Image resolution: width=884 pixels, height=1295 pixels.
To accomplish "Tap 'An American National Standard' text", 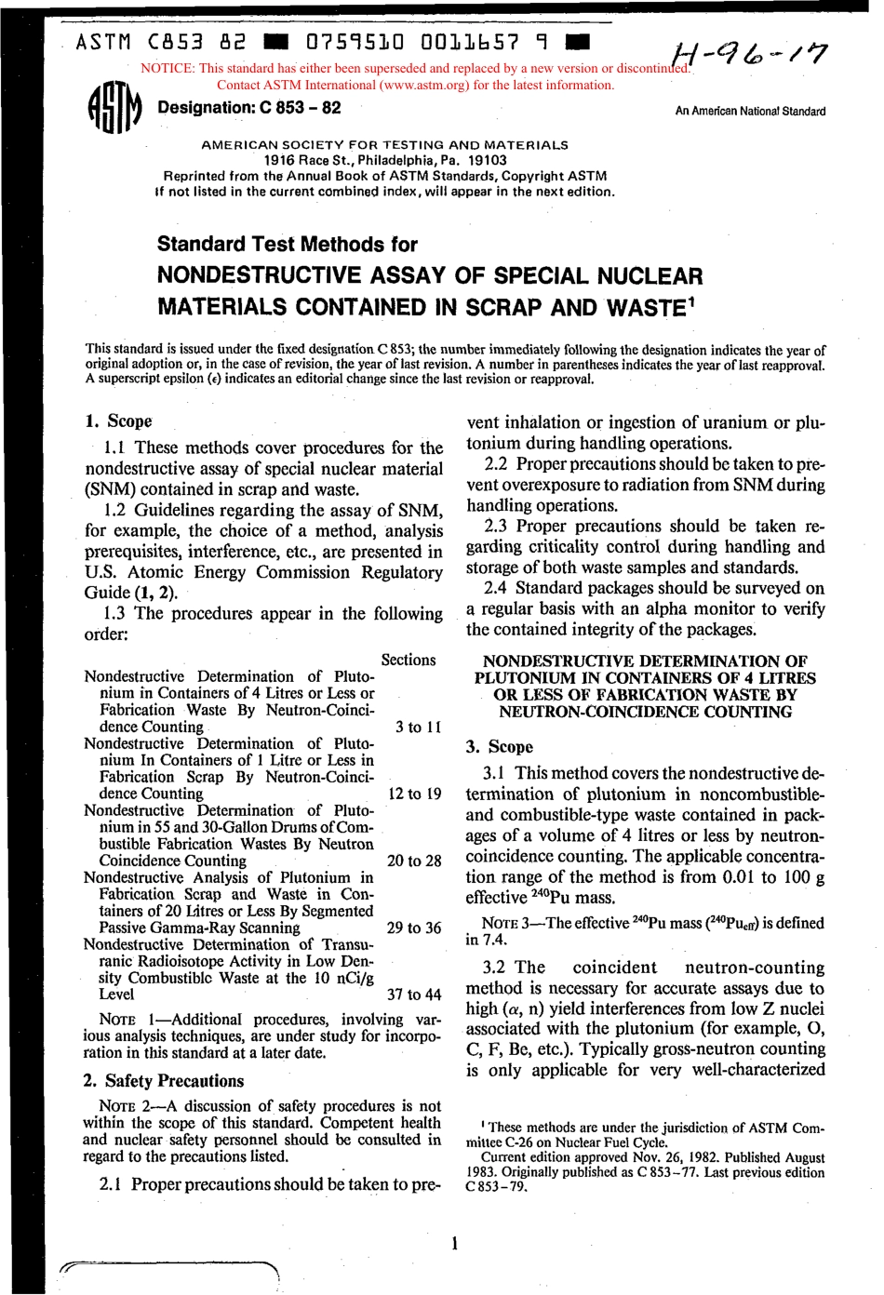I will pos(750,112).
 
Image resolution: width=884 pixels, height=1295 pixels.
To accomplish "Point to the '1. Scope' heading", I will pos(118,421).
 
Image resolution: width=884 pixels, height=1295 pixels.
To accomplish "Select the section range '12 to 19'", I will pos(413,794).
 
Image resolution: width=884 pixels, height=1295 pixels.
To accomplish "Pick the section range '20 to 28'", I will pos(413,861).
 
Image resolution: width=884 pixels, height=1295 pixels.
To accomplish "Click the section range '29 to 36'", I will pos(413,928).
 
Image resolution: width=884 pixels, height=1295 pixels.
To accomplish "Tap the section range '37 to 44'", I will pos(413,995).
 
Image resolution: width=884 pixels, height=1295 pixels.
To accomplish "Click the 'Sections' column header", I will pos(409,660).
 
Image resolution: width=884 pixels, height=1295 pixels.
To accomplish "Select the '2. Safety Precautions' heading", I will pos(163,1081).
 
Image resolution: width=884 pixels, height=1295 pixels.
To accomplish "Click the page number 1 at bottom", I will pos(453,1243).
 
